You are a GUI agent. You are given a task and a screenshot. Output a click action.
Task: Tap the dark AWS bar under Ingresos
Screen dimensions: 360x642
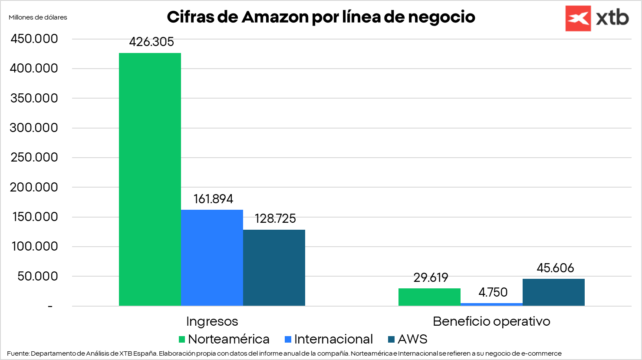click(274, 268)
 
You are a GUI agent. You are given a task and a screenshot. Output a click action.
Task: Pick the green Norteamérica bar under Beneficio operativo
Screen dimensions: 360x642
click(429, 297)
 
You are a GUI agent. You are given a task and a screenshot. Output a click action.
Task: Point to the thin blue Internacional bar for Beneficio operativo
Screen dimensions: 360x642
click(491, 304)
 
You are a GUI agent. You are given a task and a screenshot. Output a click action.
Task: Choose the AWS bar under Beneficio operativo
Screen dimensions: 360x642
click(553, 292)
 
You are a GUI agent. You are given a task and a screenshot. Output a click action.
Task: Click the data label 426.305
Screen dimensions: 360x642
click(151, 42)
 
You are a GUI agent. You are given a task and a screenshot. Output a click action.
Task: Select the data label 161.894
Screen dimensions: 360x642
click(213, 199)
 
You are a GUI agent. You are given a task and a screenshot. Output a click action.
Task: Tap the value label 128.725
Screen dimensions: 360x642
click(275, 218)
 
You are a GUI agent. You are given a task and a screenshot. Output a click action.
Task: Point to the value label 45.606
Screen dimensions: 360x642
click(555, 268)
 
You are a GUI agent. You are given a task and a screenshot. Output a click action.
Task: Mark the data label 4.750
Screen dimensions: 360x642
click(493, 292)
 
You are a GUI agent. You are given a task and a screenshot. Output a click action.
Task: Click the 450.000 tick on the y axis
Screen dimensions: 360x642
click(34, 39)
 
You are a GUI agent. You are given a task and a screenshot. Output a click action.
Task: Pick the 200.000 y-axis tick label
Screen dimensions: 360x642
click(34, 187)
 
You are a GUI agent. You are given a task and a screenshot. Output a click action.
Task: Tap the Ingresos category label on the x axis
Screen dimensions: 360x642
click(212, 321)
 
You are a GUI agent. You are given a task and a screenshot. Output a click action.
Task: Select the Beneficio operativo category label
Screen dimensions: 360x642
click(491, 321)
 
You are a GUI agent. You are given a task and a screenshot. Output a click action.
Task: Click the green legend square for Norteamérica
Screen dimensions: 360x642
click(182, 339)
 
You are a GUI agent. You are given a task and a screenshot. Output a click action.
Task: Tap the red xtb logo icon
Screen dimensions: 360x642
click(578, 18)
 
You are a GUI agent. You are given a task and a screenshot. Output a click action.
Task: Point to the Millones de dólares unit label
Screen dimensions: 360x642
click(38, 17)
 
